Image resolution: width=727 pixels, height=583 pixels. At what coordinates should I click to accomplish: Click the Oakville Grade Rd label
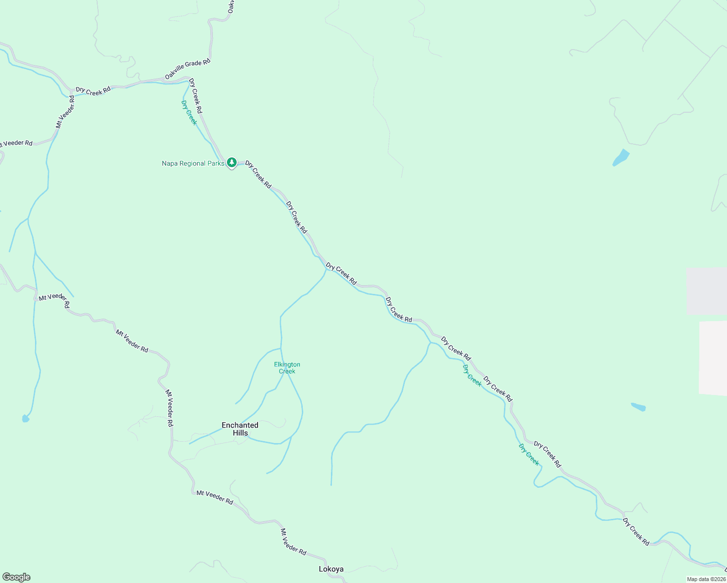tap(188, 69)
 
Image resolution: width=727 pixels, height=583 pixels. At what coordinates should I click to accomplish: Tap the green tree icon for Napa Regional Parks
tap(232, 162)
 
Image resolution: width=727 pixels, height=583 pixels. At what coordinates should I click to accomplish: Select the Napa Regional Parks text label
tap(193, 163)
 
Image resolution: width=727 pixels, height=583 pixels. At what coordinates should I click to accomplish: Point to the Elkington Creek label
tap(287, 368)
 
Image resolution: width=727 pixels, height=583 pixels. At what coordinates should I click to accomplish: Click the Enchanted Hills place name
tap(240, 429)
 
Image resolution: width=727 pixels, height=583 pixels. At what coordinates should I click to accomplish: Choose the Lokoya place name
tap(331, 569)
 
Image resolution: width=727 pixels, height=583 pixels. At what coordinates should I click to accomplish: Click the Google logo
tap(16, 577)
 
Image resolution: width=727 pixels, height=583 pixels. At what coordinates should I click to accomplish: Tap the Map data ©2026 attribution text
tap(706, 579)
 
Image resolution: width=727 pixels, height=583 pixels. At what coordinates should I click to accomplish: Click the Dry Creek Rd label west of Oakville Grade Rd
tap(93, 90)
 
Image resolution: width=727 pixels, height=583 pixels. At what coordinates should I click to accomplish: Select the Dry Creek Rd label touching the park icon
tap(258, 175)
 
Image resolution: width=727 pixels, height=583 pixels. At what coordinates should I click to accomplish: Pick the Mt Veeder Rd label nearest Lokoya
tap(294, 542)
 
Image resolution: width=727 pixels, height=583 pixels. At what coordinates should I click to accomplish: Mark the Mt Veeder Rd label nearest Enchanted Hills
tap(169, 408)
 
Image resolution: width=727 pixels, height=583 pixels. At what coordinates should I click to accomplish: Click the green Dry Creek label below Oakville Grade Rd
tap(189, 113)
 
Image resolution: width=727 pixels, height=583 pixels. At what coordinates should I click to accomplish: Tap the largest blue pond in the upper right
tap(621, 157)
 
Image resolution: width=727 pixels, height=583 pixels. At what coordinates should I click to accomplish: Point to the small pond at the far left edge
tap(26, 418)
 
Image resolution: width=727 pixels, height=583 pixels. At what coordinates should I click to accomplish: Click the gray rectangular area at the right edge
tap(707, 291)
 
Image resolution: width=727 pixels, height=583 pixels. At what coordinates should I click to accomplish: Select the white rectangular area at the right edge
tap(713, 358)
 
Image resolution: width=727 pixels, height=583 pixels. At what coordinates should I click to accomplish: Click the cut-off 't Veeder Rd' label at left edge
tap(16, 143)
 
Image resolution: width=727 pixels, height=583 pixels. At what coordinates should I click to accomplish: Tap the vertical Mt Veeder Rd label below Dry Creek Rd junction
tap(65, 112)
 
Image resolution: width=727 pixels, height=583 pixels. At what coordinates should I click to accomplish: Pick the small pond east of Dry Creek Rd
tap(638, 407)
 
